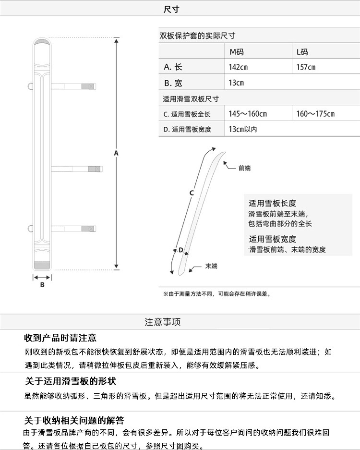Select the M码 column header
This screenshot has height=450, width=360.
point(236,52)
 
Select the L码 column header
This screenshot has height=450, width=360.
point(302,52)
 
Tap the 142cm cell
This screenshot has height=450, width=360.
point(238,67)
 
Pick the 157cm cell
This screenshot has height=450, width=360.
point(306,67)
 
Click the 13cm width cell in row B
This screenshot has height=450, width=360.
point(236,83)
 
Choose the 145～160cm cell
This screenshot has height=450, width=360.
point(248,114)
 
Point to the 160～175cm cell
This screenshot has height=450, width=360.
point(315,114)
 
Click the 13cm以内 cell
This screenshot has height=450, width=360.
point(242,129)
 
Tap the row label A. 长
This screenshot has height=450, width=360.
point(173,67)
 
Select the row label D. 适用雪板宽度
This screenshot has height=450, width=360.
point(187,129)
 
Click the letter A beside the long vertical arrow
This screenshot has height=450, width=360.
point(116,153)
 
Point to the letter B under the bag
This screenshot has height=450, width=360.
point(42,285)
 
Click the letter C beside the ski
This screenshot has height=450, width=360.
point(191,193)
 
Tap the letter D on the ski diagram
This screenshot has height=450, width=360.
point(180,250)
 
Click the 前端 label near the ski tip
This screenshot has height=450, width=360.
point(244,168)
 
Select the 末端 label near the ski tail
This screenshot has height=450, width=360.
point(211,266)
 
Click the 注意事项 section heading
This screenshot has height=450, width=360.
point(163,322)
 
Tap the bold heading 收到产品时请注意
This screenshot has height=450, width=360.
point(60,338)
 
